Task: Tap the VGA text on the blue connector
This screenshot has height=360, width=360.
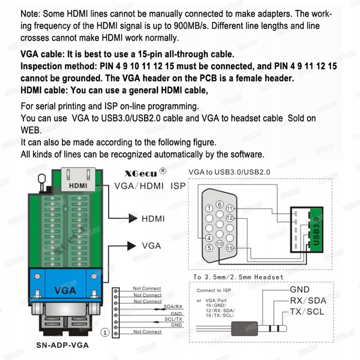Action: click(x=65, y=290)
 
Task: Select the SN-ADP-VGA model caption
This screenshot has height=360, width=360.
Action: click(x=62, y=345)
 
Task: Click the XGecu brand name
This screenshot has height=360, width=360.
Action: click(x=141, y=174)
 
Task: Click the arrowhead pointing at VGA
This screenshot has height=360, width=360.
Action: click(x=131, y=246)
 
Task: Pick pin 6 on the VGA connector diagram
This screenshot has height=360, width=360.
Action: click(x=219, y=205)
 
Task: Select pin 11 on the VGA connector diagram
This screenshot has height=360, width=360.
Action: click(x=230, y=208)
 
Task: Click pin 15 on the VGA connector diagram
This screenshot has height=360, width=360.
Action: click(x=230, y=248)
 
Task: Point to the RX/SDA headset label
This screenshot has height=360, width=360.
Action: click(x=308, y=301)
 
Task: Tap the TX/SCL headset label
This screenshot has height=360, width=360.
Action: click(x=307, y=311)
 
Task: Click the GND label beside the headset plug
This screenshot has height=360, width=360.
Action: click(x=300, y=289)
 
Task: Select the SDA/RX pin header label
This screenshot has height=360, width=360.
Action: click(x=173, y=307)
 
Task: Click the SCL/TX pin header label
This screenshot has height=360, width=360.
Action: click(x=174, y=319)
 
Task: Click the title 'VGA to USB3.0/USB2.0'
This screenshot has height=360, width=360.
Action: click(x=229, y=172)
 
